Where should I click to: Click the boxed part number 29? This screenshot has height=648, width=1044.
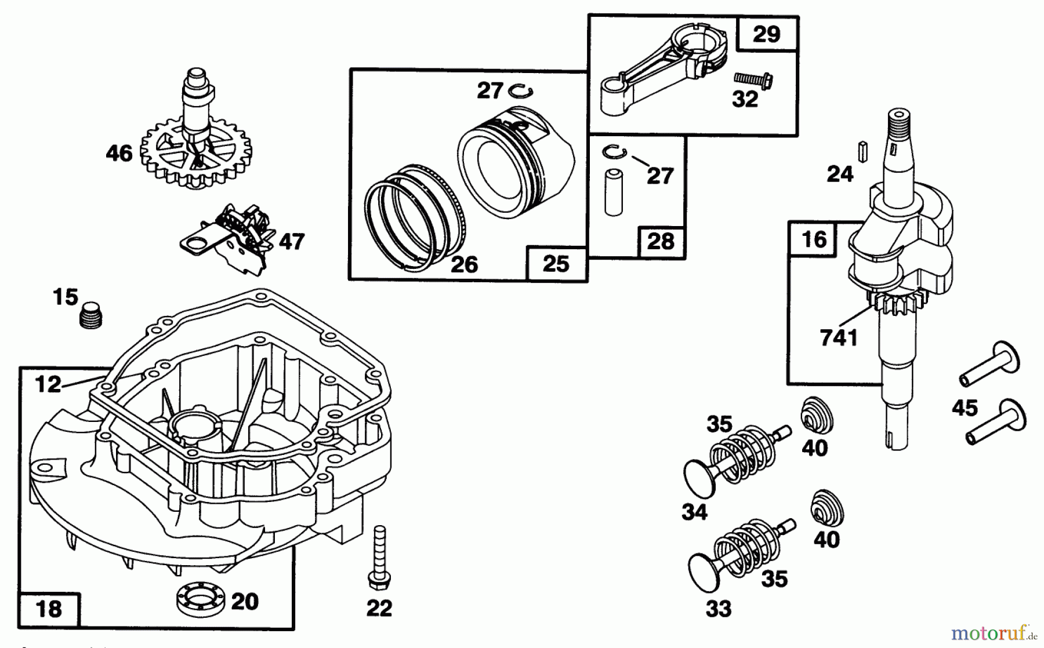(x=766, y=34)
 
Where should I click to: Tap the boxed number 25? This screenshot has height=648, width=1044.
(x=556, y=264)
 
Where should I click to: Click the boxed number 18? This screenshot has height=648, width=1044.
(x=49, y=609)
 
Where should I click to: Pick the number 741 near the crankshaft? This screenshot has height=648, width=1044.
(x=839, y=337)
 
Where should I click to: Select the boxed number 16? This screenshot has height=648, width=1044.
(x=813, y=239)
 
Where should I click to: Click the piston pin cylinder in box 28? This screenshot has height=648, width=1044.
(x=612, y=191)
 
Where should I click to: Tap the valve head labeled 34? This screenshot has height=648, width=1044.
(x=699, y=476)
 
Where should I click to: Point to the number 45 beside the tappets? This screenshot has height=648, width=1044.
(x=965, y=408)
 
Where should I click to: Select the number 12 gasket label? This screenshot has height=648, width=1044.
(x=48, y=383)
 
